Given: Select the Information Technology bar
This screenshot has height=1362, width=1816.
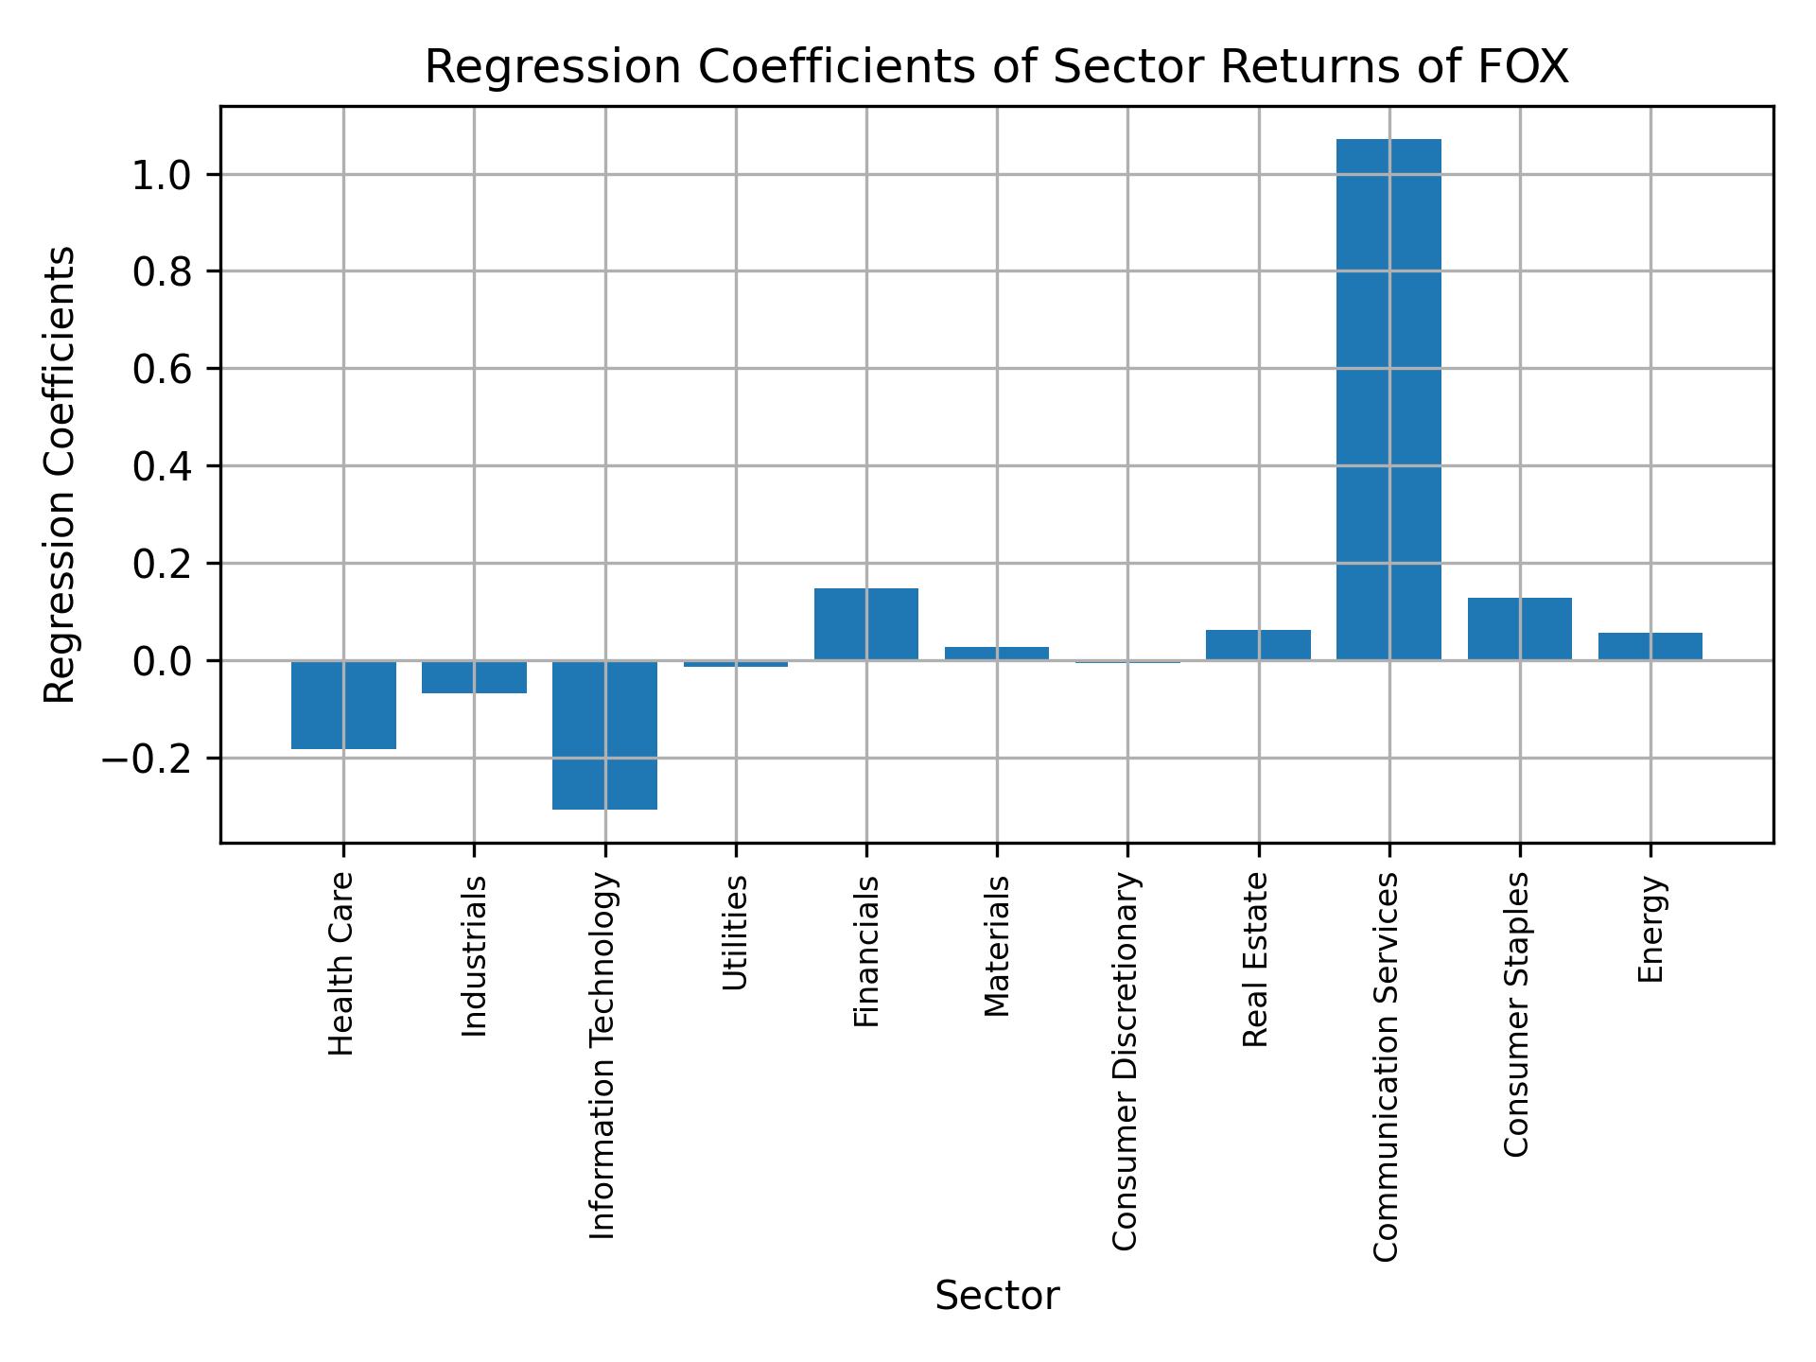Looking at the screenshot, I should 604,735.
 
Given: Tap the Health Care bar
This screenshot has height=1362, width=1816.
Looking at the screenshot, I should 343,705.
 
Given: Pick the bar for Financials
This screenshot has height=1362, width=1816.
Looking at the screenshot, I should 865,624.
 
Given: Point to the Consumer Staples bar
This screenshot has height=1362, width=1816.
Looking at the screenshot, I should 1519,629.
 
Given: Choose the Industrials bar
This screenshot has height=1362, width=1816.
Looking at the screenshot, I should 474,677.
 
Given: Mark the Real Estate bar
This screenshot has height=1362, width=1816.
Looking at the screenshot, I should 1258,645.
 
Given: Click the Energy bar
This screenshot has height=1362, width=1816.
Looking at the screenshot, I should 1650,646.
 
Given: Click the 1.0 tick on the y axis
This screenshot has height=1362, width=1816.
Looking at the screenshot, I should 163,175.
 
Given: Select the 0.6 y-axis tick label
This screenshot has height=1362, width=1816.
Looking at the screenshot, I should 163,370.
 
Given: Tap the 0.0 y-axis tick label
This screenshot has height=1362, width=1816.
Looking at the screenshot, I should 163,661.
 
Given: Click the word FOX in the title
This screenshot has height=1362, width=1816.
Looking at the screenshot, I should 1523,68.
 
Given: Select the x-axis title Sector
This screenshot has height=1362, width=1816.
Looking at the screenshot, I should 997,1296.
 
